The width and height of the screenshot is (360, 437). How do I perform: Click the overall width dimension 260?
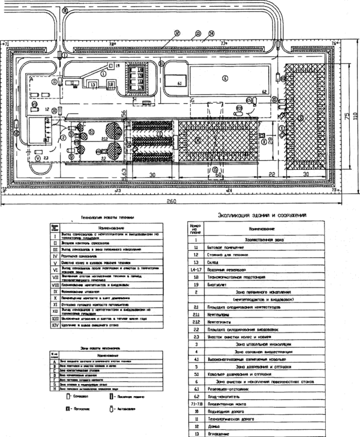172,203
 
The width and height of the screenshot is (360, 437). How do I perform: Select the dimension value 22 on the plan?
272,175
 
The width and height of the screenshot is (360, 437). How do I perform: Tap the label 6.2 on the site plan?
264,91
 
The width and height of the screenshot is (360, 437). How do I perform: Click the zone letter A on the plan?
29,79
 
